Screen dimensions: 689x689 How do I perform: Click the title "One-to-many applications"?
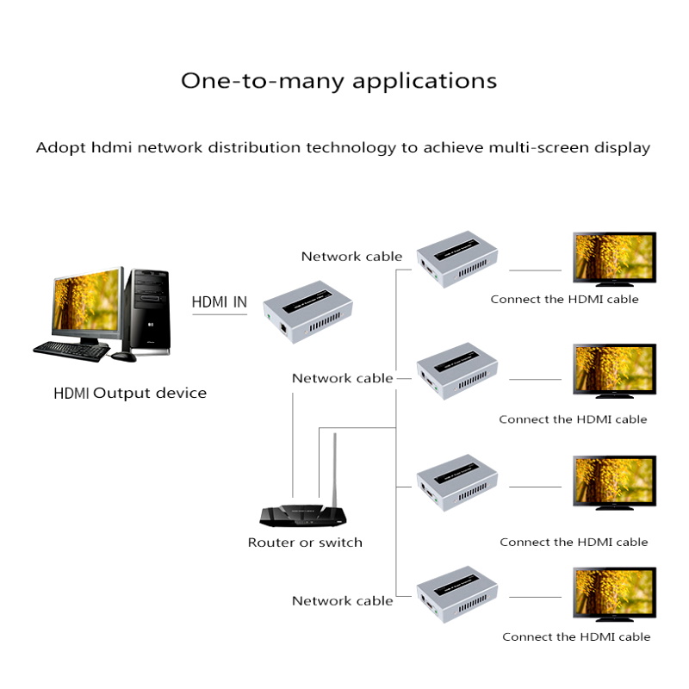(x=338, y=81)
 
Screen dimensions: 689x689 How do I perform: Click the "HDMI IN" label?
(x=219, y=301)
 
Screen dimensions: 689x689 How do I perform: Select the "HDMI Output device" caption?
(x=130, y=394)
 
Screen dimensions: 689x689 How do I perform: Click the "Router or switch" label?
(x=305, y=543)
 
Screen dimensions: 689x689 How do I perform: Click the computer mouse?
(x=123, y=355)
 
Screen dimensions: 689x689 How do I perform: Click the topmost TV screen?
(x=614, y=257)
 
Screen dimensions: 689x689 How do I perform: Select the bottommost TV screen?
(x=614, y=593)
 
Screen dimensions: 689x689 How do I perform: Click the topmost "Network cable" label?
(x=351, y=256)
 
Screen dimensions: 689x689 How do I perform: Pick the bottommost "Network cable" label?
(x=342, y=601)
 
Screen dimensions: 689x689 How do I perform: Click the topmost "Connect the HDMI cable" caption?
(x=564, y=300)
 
